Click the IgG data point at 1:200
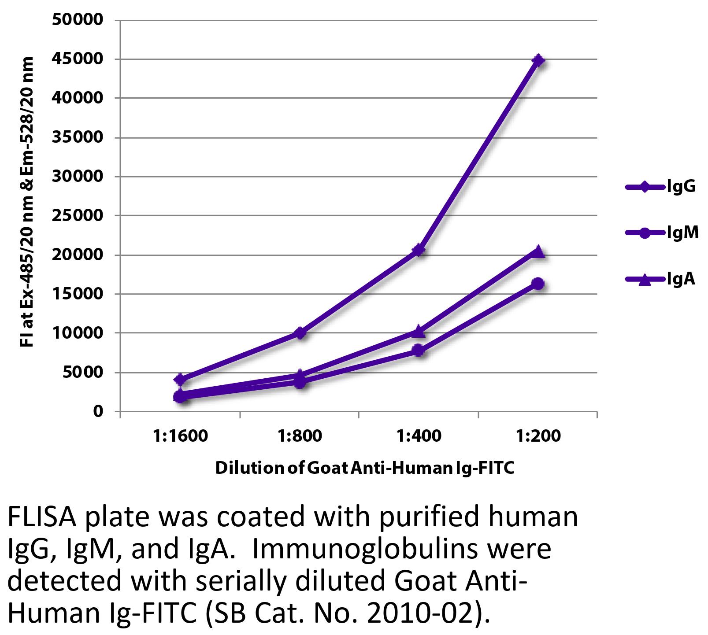[x=537, y=60]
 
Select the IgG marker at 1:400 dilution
[x=419, y=250]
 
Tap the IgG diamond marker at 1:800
[x=300, y=333]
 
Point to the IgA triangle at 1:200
[x=538, y=252]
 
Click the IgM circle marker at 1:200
[x=538, y=284]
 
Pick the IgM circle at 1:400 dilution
[x=419, y=351]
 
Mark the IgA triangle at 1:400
[x=419, y=331]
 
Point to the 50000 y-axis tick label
[x=78, y=20]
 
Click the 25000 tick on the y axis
[x=78, y=216]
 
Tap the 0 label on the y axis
[x=97, y=412]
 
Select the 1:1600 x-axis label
[x=180, y=436]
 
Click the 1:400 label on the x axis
[x=419, y=436]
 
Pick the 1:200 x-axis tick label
[x=538, y=436]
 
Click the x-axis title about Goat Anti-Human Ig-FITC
[x=365, y=468]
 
